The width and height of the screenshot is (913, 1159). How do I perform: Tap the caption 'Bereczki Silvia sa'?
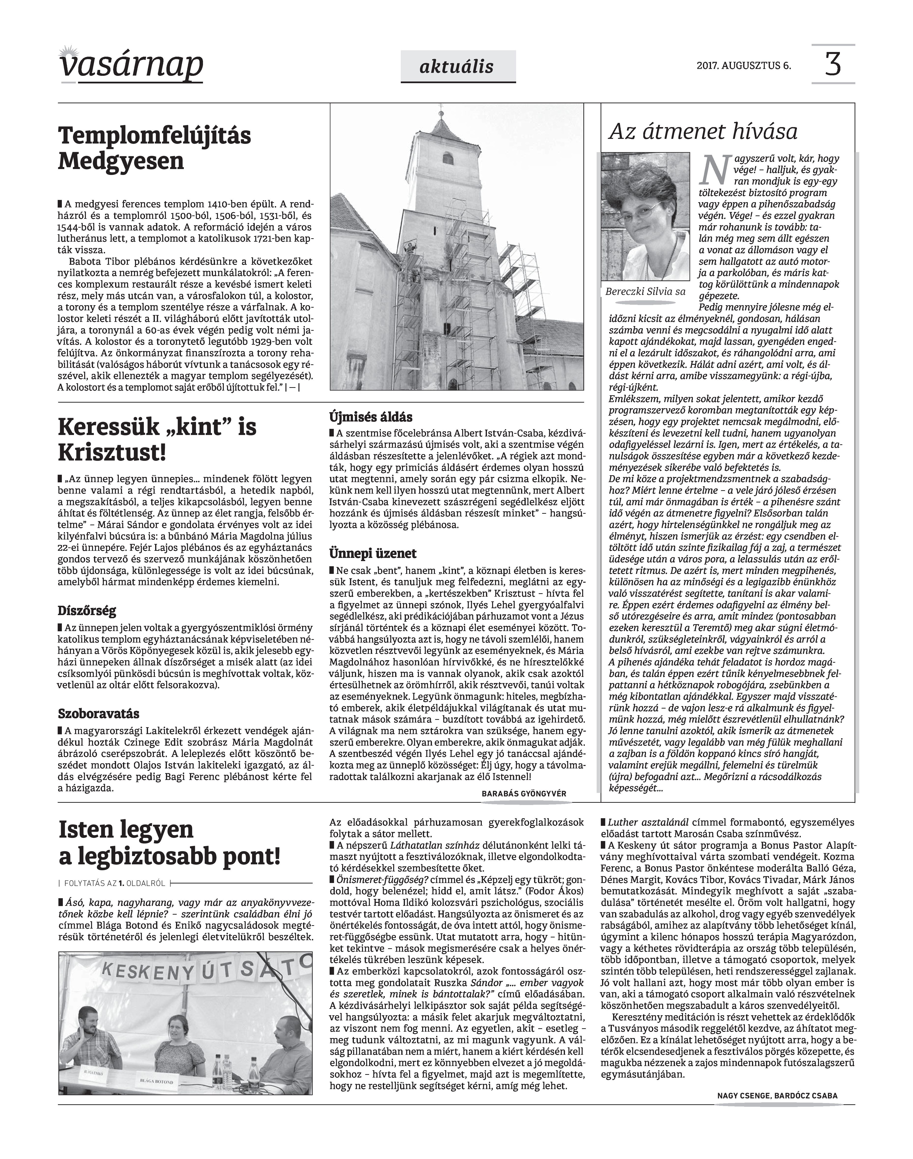(x=645, y=292)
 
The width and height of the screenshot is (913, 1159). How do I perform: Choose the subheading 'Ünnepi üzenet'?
(x=373, y=553)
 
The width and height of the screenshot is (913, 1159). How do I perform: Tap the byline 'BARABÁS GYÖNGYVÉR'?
(x=524, y=794)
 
